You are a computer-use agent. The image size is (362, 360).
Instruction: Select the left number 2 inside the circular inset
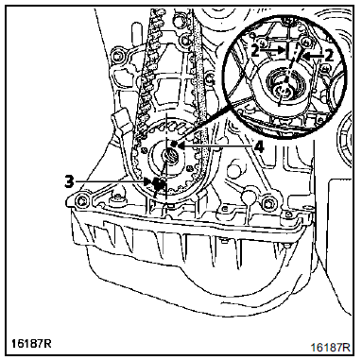(256, 53)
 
